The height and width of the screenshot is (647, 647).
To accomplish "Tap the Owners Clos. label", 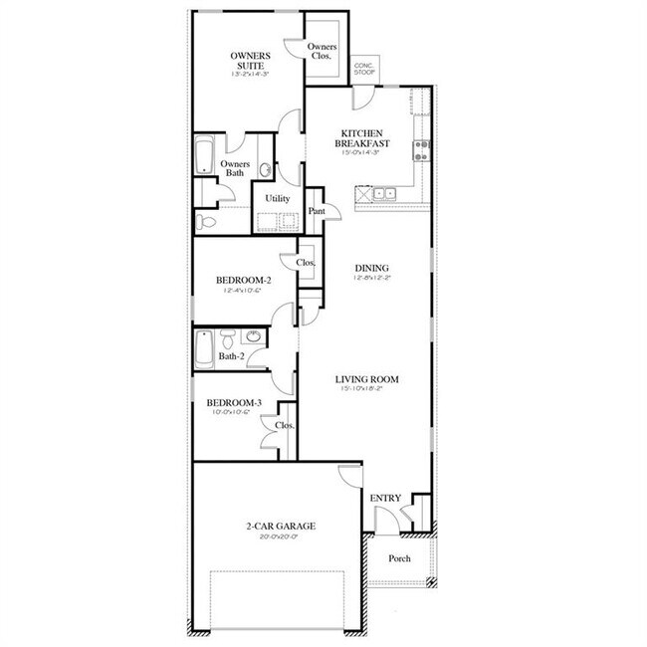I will [322, 53].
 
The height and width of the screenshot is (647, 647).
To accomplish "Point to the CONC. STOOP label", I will [364, 69].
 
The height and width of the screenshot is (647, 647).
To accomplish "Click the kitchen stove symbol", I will [422, 150].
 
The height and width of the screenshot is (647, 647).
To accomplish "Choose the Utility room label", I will [277, 199].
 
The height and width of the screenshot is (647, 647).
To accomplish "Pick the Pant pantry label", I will [318, 211].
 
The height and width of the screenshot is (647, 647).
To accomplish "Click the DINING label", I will [370, 267].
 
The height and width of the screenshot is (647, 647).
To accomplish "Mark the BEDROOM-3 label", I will [234, 403].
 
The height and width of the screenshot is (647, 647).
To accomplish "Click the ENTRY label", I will [384, 498].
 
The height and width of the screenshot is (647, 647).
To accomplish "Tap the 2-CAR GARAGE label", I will [276, 526].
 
